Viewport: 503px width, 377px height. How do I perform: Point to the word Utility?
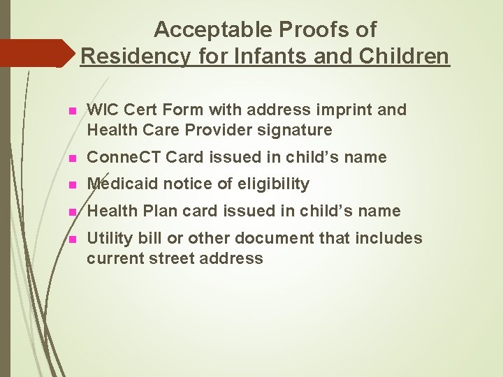107,239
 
